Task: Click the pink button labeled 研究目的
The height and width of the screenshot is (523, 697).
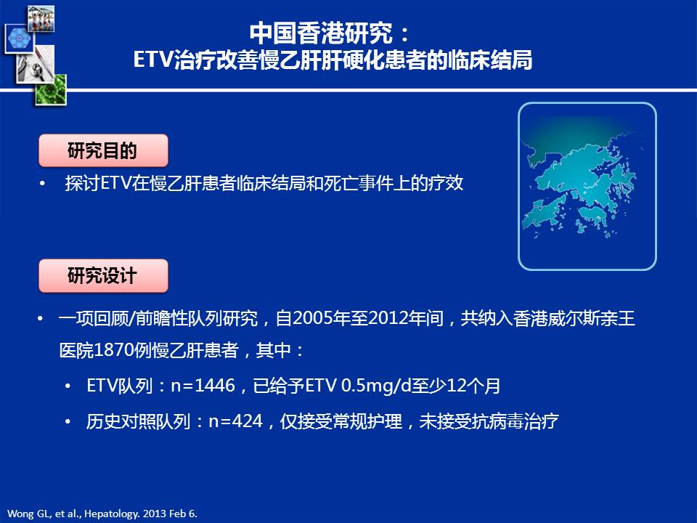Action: (x=103, y=151)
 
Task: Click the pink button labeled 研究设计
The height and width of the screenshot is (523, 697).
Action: (x=103, y=276)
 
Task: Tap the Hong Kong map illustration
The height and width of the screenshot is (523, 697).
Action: (x=587, y=186)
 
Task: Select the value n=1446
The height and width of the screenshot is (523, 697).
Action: (x=203, y=385)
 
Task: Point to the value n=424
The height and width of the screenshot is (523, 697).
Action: (x=236, y=421)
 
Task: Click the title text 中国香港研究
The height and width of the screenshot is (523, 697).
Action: (x=322, y=33)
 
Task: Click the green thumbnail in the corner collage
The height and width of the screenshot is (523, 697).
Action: (x=51, y=90)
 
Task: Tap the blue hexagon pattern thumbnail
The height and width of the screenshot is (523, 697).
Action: (x=19, y=38)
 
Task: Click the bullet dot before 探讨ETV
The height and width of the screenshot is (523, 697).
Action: (x=42, y=184)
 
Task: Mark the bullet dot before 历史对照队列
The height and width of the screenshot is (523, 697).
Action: (x=68, y=421)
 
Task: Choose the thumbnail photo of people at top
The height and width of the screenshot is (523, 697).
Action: (x=41, y=18)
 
